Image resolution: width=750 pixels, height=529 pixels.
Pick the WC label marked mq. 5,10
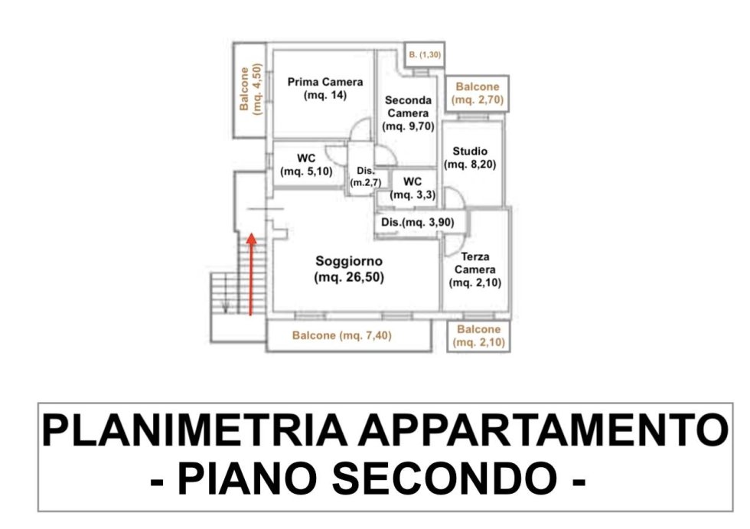[x=306, y=165]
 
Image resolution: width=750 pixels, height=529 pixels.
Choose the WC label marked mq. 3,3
[x=412, y=188]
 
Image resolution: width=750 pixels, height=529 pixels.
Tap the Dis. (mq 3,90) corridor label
[x=418, y=223]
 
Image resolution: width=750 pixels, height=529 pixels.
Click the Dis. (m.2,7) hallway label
[x=366, y=177]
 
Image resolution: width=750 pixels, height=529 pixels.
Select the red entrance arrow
[x=251, y=274]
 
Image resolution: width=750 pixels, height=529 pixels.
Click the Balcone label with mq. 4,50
[x=251, y=89]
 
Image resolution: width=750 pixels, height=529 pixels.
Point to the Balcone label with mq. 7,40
[x=342, y=335]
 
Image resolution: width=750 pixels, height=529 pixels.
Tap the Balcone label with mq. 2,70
[x=478, y=93]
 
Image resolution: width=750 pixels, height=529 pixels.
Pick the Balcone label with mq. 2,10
[x=479, y=336]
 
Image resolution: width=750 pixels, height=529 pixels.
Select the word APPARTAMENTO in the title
[x=543, y=430]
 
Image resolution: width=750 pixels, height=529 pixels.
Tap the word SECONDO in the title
[x=445, y=478]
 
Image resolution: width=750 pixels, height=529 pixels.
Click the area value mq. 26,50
[x=349, y=277]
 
